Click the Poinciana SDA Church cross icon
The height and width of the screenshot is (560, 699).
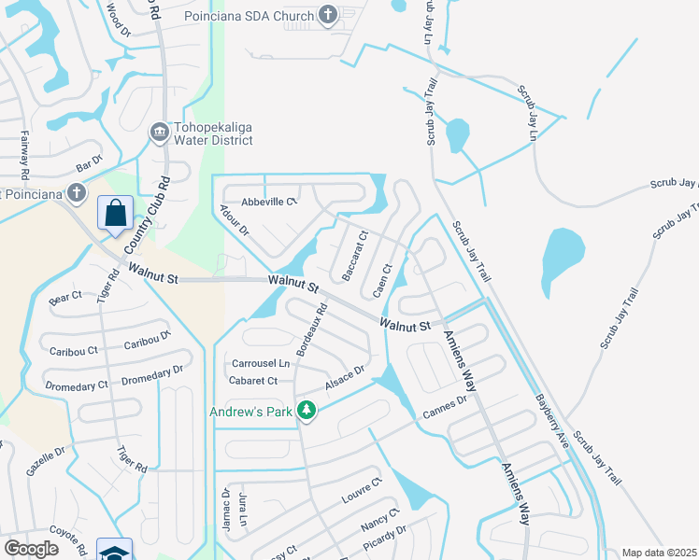327,14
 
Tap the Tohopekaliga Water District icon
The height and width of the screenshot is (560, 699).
158,133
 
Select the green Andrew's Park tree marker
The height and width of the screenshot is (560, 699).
306,410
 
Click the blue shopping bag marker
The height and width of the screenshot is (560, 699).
115,213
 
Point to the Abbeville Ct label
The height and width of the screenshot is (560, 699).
269,202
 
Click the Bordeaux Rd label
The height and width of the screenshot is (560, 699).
312,329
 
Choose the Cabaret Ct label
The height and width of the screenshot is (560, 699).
253,381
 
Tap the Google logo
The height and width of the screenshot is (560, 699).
31,549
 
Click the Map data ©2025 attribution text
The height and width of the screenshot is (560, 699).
658,553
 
